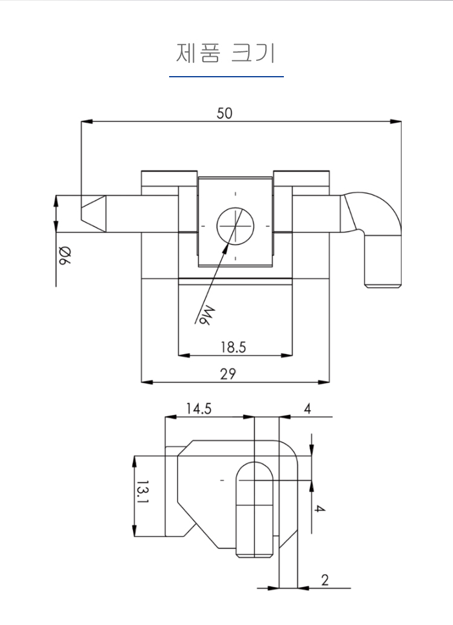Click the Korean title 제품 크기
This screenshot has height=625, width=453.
pyautogui.click(x=226, y=53)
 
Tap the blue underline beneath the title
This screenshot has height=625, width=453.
pyautogui.click(x=226, y=77)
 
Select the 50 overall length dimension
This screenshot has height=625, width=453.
pyautogui.click(x=225, y=113)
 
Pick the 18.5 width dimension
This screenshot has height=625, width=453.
pyautogui.click(x=233, y=347)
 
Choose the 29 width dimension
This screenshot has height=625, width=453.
pyautogui.click(x=228, y=374)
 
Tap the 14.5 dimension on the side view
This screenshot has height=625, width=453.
pyautogui.click(x=199, y=409)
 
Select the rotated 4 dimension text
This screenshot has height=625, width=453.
pyautogui.click(x=320, y=509)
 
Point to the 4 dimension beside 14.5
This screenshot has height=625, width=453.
pyautogui.click(x=307, y=409)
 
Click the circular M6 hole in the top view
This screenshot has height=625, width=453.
pyautogui.click(x=236, y=225)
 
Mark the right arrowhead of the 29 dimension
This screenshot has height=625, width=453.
pyautogui.click(x=327, y=382)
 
